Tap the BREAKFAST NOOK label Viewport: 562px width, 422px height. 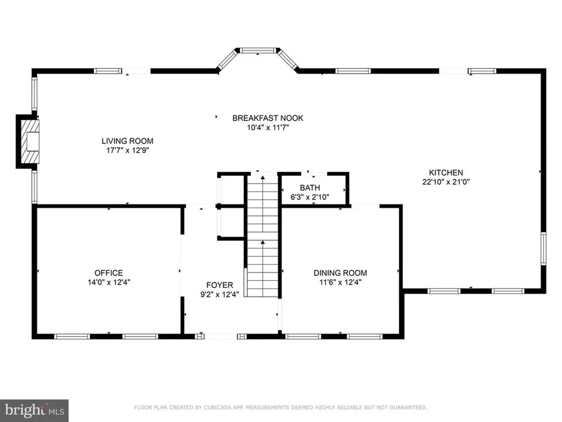click(x=267, y=118)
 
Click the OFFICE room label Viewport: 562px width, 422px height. click(x=109, y=273)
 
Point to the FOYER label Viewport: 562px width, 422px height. click(x=220, y=285)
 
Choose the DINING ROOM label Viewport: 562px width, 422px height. click(x=340, y=273)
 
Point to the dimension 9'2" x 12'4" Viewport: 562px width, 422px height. click(x=220, y=294)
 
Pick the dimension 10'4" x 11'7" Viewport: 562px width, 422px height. click(x=267, y=127)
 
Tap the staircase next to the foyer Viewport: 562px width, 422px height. click(x=262, y=236)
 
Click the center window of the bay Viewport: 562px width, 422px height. click(x=258, y=51)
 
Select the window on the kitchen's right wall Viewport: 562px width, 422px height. click(x=543, y=248)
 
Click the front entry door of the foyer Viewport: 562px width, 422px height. click(x=222, y=335)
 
